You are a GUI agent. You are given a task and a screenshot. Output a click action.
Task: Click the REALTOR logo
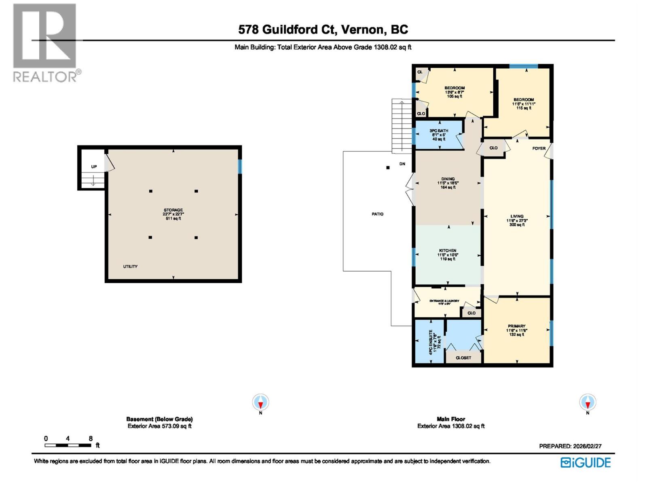[45, 42]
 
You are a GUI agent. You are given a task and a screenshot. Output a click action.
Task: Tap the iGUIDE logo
[586, 462]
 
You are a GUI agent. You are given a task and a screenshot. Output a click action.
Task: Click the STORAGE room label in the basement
[173, 210]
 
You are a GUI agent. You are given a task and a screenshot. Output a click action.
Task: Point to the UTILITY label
[130, 266]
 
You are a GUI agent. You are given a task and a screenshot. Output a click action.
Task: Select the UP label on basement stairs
[94, 167]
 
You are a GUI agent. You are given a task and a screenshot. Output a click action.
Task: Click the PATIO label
[377, 214]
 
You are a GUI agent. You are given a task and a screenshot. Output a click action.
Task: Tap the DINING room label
[448, 179]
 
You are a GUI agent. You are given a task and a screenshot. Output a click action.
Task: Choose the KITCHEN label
[448, 251]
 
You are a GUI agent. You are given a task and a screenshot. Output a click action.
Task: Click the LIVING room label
[517, 217]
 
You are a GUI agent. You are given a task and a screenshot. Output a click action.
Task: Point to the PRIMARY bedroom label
[516, 326]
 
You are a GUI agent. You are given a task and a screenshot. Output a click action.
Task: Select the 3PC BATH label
[439, 131]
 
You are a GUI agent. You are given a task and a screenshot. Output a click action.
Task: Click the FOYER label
[539, 148]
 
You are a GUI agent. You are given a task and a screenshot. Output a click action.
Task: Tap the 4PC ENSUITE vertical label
[431, 342]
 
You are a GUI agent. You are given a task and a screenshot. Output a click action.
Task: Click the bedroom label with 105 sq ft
[455, 88]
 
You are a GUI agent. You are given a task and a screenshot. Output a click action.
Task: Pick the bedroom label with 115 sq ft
[524, 100]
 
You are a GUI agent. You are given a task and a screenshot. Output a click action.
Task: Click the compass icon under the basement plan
[260, 402]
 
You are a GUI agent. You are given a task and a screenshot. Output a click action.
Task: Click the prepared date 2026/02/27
[570, 446]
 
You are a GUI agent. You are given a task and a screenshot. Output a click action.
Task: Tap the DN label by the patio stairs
[402, 164]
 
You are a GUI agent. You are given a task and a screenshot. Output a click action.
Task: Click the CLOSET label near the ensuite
[463, 358]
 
